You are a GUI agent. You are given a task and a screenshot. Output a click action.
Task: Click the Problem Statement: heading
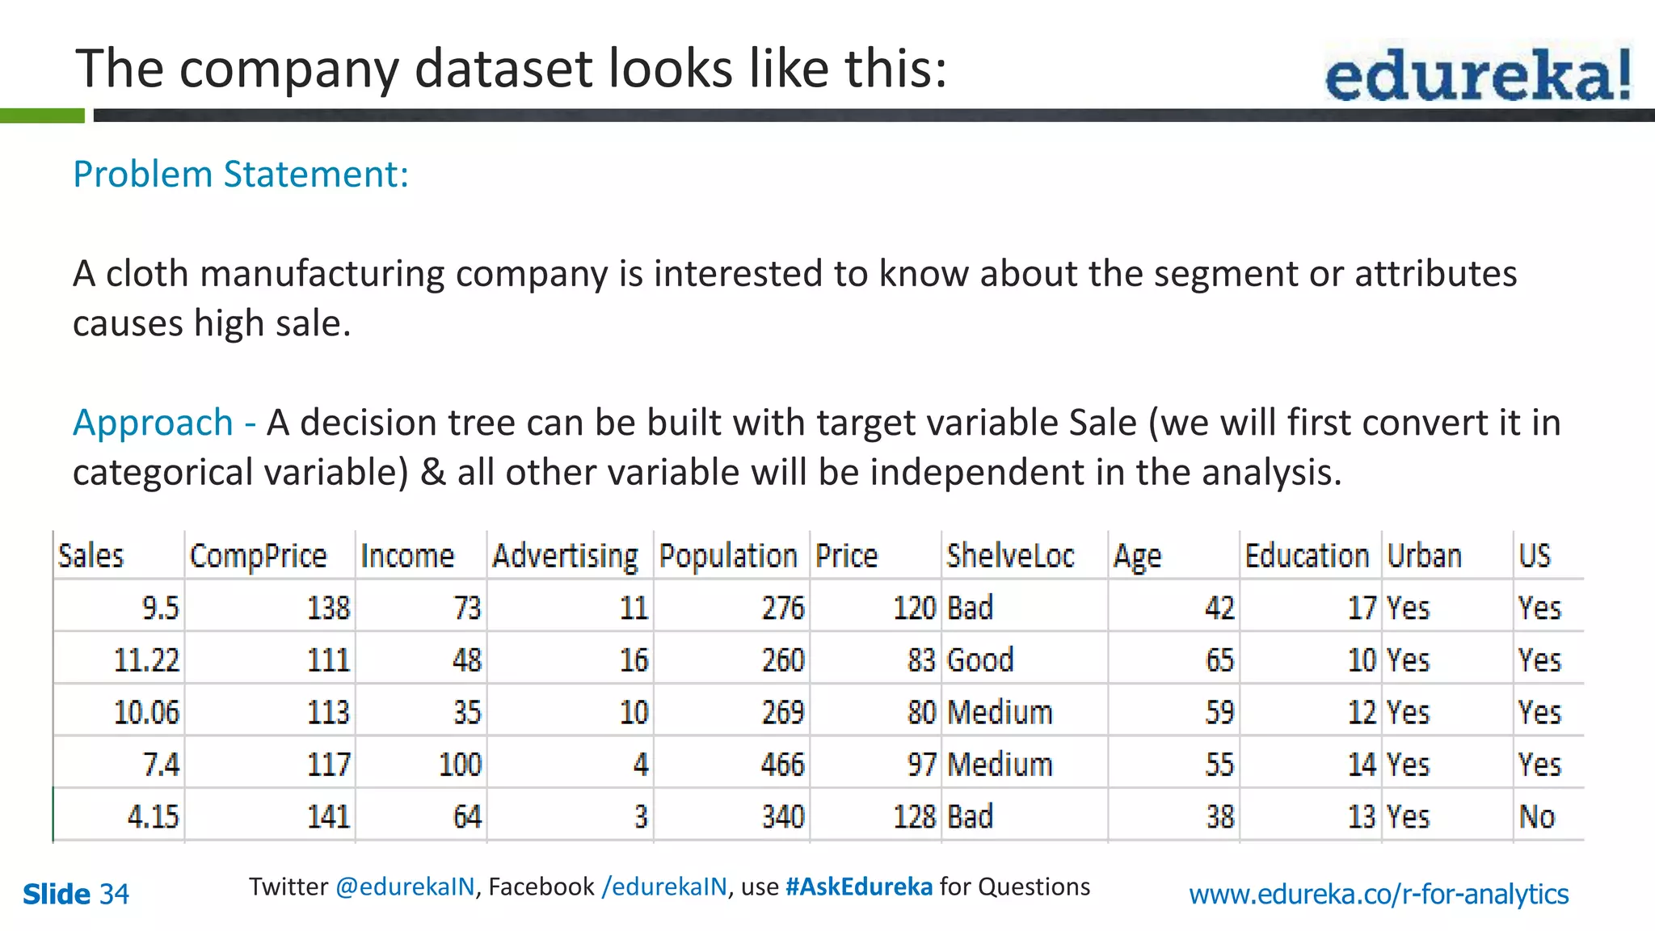tap(241, 174)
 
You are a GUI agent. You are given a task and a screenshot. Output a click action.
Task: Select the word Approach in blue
tap(154, 423)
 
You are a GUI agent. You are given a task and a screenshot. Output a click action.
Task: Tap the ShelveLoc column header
tap(1010, 556)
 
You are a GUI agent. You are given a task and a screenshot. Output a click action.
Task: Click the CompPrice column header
tap(258, 556)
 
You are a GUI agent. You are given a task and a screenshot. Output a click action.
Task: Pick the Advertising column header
tap(565, 556)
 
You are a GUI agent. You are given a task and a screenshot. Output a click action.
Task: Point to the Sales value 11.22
tap(146, 660)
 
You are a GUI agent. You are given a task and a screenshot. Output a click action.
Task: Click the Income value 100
tap(460, 765)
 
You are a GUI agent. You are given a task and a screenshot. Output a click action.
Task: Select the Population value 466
tap(782, 765)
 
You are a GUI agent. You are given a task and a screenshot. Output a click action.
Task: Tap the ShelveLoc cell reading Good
tap(980, 660)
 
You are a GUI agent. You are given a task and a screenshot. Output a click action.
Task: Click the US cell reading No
tap(1536, 817)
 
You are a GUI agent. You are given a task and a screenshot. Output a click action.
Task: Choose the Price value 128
tap(914, 817)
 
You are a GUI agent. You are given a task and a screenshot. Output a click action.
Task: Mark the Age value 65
tap(1219, 660)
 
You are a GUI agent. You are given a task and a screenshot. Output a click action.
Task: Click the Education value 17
tap(1362, 608)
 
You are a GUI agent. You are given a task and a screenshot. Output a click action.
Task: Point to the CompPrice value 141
tap(328, 817)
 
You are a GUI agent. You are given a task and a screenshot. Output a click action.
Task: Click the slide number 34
tap(114, 894)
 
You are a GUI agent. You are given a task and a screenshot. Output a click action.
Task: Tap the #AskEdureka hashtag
tap(858, 887)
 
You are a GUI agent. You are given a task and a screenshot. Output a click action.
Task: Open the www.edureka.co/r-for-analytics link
tap(1379, 894)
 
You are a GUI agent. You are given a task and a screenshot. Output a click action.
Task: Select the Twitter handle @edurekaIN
tap(405, 887)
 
